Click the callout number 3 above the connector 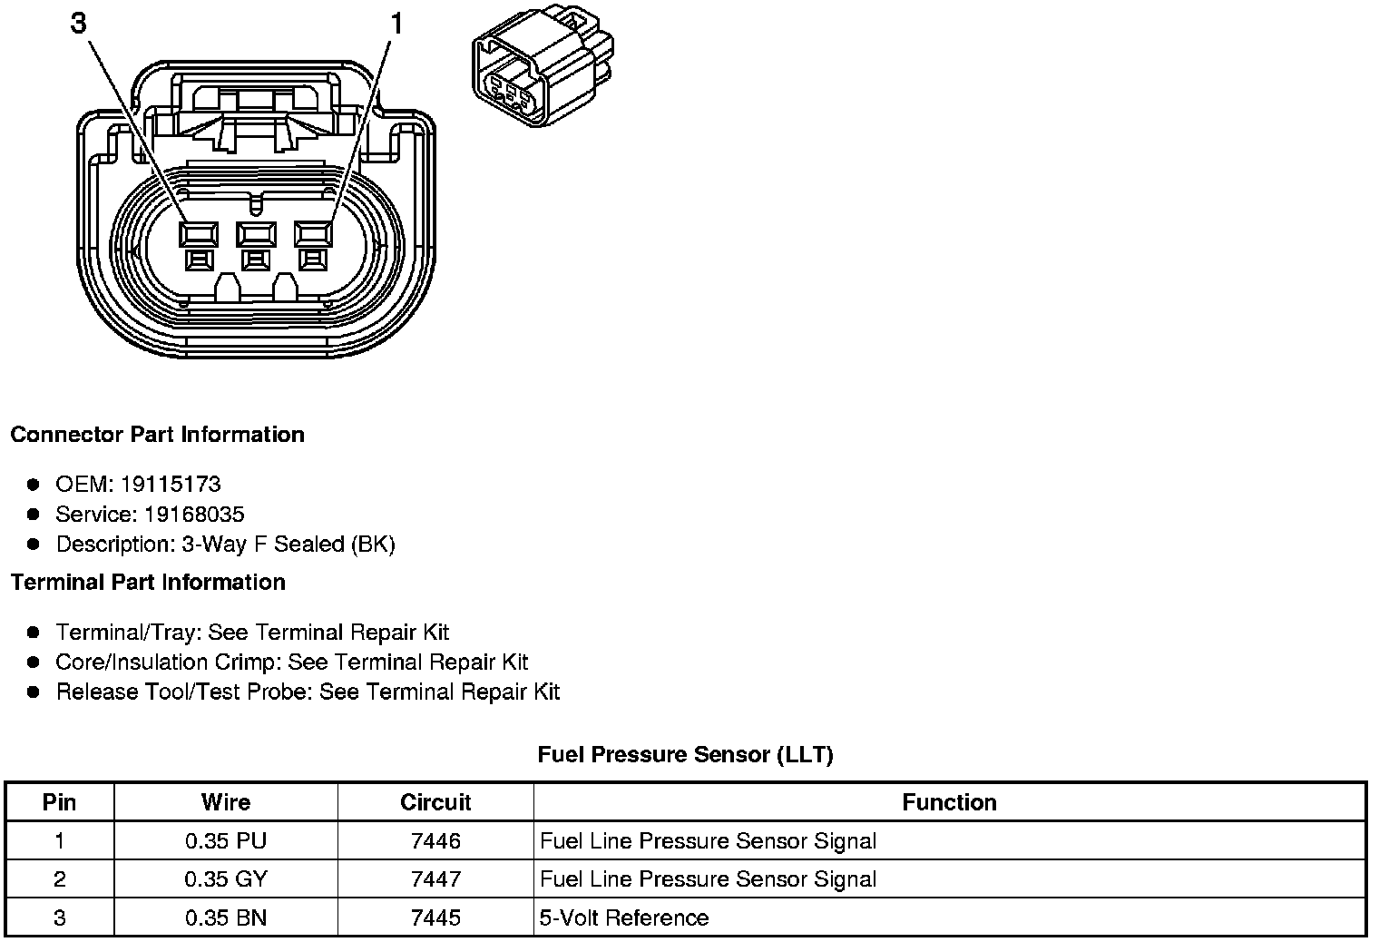pyautogui.click(x=79, y=23)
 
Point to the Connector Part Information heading pyautogui.click(x=157, y=435)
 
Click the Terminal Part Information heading pyautogui.click(x=148, y=583)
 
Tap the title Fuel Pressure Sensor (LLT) pyautogui.click(x=685, y=754)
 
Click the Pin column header pyautogui.click(x=60, y=802)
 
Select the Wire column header pyautogui.click(x=226, y=802)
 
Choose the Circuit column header pyautogui.click(x=435, y=802)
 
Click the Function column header pyautogui.click(x=949, y=802)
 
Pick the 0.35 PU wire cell pyautogui.click(x=226, y=841)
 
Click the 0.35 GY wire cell pyautogui.click(x=226, y=879)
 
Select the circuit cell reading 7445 pyautogui.click(x=435, y=917)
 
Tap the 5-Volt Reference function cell pyautogui.click(x=624, y=917)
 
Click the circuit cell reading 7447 pyautogui.click(x=435, y=879)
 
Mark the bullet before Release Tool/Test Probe pyautogui.click(x=34, y=692)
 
